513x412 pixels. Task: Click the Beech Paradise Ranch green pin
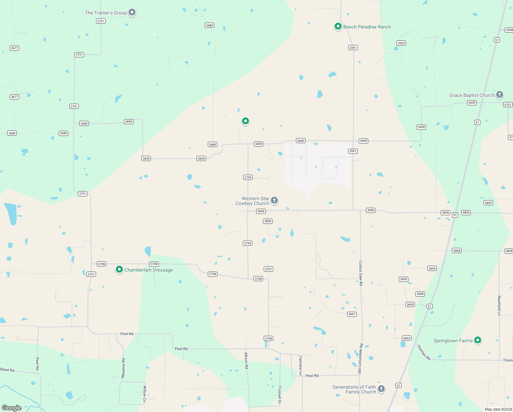[x=338, y=26]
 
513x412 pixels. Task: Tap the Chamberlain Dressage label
[x=148, y=270]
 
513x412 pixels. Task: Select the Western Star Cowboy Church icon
[x=274, y=200]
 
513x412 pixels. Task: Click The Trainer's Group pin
[x=132, y=13]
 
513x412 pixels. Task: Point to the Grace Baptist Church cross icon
[x=500, y=94]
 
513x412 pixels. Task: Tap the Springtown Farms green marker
[x=477, y=340]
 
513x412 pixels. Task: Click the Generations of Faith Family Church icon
[x=381, y=389]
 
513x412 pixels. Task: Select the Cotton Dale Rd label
[x=361, y=273]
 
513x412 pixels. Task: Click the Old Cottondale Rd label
[x=360, y=359]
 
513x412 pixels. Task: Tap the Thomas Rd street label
[x=423, y=352]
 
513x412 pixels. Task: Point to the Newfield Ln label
[x=499, y=306]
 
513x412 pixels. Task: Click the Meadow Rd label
[x=123, y=368]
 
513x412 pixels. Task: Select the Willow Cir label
[x=145, y=393]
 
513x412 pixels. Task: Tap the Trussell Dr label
[x=280, y=394]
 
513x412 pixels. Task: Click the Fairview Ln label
[x=301, y=366]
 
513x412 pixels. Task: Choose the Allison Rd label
[x=246, y=360]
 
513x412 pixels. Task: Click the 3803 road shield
[x=268, y=221]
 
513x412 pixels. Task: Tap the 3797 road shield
[x=269, y=269]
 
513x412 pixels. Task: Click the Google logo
[x=12, y=408]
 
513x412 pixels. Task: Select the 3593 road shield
[x=401, y=43]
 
